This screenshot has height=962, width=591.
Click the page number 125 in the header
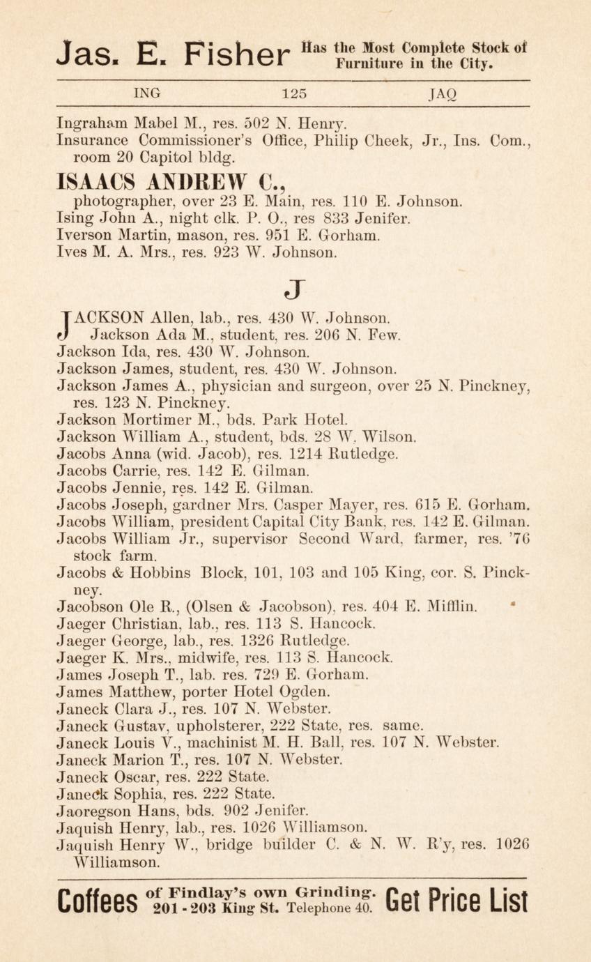point(294,93)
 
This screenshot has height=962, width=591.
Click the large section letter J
point(295,288)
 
